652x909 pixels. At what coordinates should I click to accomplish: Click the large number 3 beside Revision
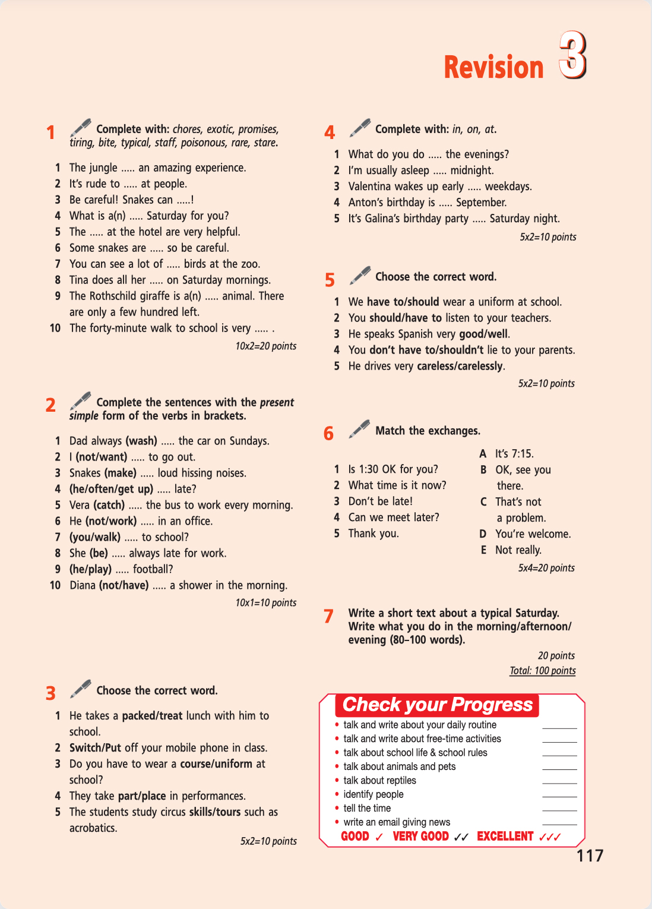pos(572,56)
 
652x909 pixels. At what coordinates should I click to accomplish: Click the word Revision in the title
pos(493,67)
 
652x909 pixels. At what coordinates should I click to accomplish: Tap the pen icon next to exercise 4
pos(360,127)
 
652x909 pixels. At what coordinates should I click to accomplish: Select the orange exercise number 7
pos(328,616)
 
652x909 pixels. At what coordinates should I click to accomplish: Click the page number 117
pos(590,856)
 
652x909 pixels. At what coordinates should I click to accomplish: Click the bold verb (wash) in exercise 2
pos(141,441)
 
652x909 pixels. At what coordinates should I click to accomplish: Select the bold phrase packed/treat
pos(152,716)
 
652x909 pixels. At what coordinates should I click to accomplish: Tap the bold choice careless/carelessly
pos(460,366)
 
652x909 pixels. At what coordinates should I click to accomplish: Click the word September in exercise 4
pos(481,203)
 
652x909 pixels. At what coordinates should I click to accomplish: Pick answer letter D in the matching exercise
pos(483,534)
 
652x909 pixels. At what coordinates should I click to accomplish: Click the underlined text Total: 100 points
pos(542,671)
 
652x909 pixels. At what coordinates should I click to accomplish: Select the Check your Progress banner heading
pos(438,705)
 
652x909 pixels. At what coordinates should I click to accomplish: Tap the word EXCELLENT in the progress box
pos(505,837)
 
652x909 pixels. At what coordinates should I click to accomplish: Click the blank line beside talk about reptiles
pos(559,782)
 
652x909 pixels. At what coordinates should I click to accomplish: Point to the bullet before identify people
pos(337,794)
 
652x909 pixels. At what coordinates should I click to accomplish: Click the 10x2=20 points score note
pos(265,346)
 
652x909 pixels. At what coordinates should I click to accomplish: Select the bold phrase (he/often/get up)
pos(111,489)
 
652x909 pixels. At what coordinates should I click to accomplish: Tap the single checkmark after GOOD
pos(379,837)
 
